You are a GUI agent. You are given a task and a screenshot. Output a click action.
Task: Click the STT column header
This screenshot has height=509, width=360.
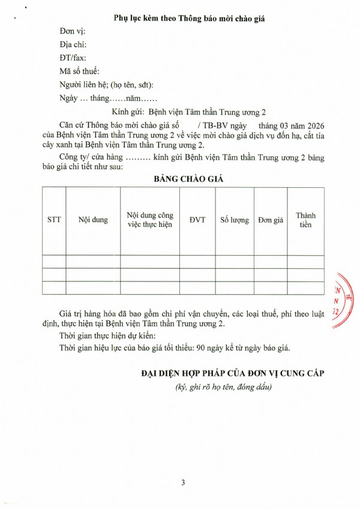point(54,220)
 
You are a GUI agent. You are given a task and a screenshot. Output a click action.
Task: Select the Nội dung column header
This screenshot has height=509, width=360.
point(93,220)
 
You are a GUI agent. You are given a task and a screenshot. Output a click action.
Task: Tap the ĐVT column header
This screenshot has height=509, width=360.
point(197,220)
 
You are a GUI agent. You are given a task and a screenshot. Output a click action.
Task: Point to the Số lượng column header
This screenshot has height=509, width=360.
point(234,220)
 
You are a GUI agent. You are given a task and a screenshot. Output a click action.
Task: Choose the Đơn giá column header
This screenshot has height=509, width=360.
point(270,220)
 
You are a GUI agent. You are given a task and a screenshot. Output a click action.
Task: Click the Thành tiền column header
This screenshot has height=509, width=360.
point(305,220)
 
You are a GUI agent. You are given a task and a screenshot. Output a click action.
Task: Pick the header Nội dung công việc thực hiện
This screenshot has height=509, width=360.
point(150,220)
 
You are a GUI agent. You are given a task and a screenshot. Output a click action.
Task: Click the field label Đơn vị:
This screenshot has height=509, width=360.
point(73,31)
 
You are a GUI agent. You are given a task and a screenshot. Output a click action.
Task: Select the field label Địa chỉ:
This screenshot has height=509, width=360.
point(73,44)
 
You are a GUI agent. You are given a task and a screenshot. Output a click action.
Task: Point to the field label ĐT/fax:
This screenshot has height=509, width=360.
point(73,58)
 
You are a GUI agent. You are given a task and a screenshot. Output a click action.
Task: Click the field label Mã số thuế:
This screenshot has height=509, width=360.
point(80,71)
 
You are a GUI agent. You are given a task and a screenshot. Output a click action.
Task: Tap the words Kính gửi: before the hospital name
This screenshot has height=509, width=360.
point(128,112)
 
